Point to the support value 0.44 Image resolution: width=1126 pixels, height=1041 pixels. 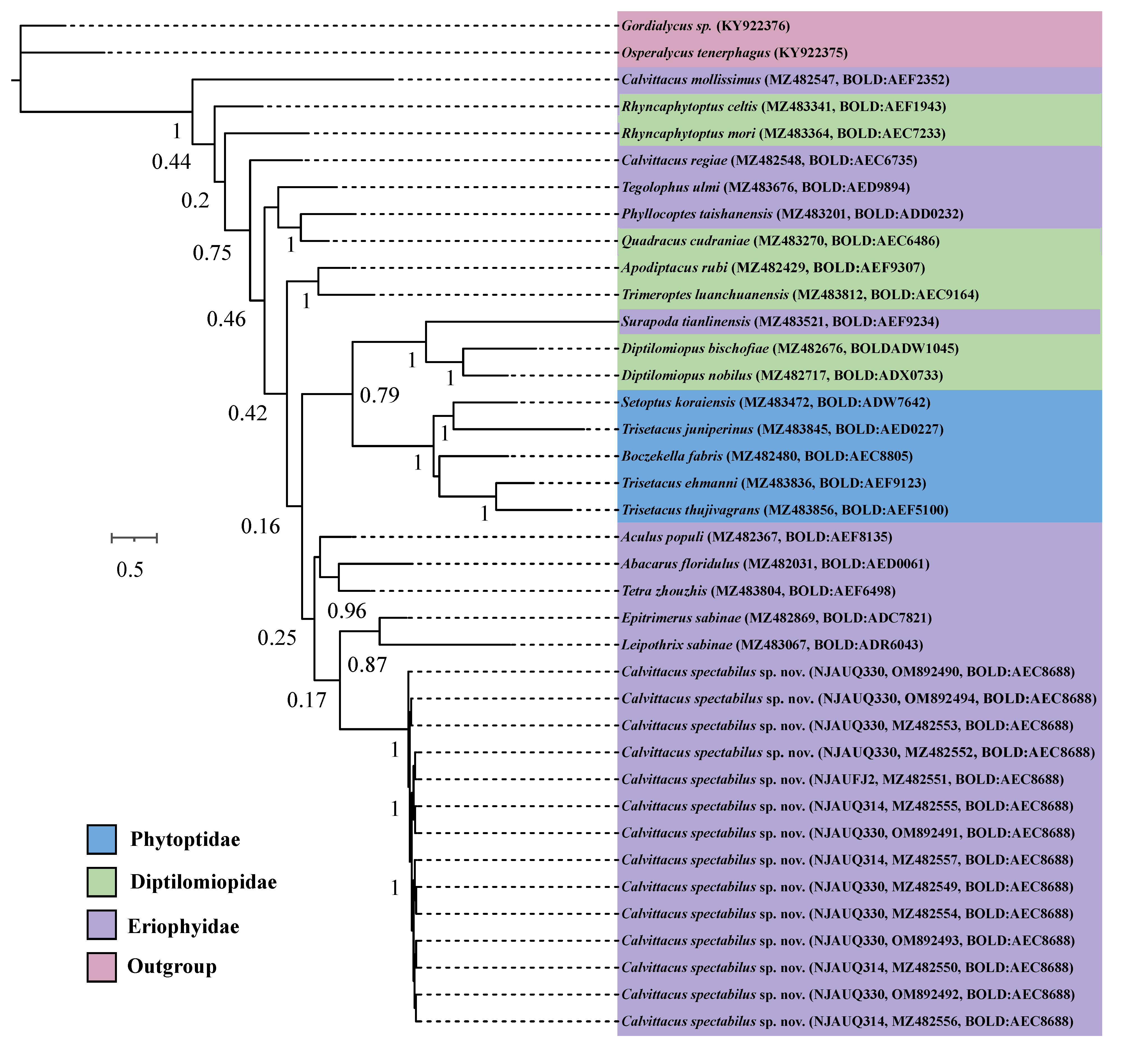171,162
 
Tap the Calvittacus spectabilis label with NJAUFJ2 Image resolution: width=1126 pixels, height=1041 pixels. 842,780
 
